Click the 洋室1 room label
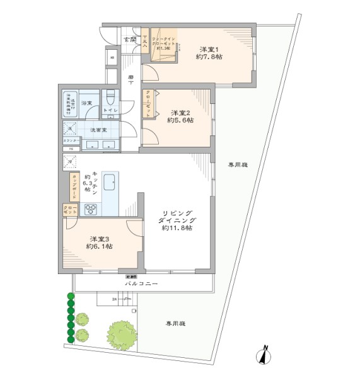point(209,49)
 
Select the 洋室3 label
point(99,239)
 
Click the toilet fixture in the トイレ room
point(110,98)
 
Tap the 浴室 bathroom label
point(86,102)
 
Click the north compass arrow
point(265,355)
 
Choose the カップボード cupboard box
point(74,186)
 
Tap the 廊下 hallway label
point(131,79)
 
